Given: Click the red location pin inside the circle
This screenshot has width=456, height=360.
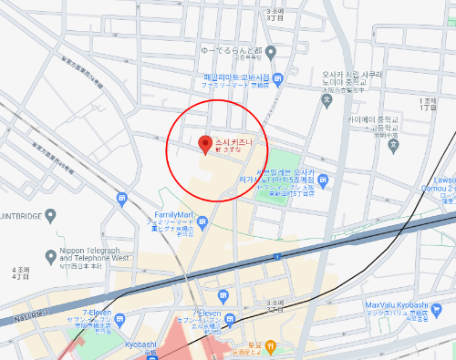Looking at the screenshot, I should tap(204, 143).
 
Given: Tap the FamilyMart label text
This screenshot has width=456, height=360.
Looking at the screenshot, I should tap(170, 214).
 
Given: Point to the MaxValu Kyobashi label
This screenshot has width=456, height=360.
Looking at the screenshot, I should tap(397, 304).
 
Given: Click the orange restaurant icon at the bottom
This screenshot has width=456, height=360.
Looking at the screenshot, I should tap(271, 345).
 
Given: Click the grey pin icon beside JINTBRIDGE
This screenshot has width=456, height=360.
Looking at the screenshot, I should tap(51, 216).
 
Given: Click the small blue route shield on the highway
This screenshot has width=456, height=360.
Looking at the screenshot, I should tap(275, 257).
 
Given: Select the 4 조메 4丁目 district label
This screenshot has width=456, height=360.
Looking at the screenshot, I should tap(21, 274).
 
